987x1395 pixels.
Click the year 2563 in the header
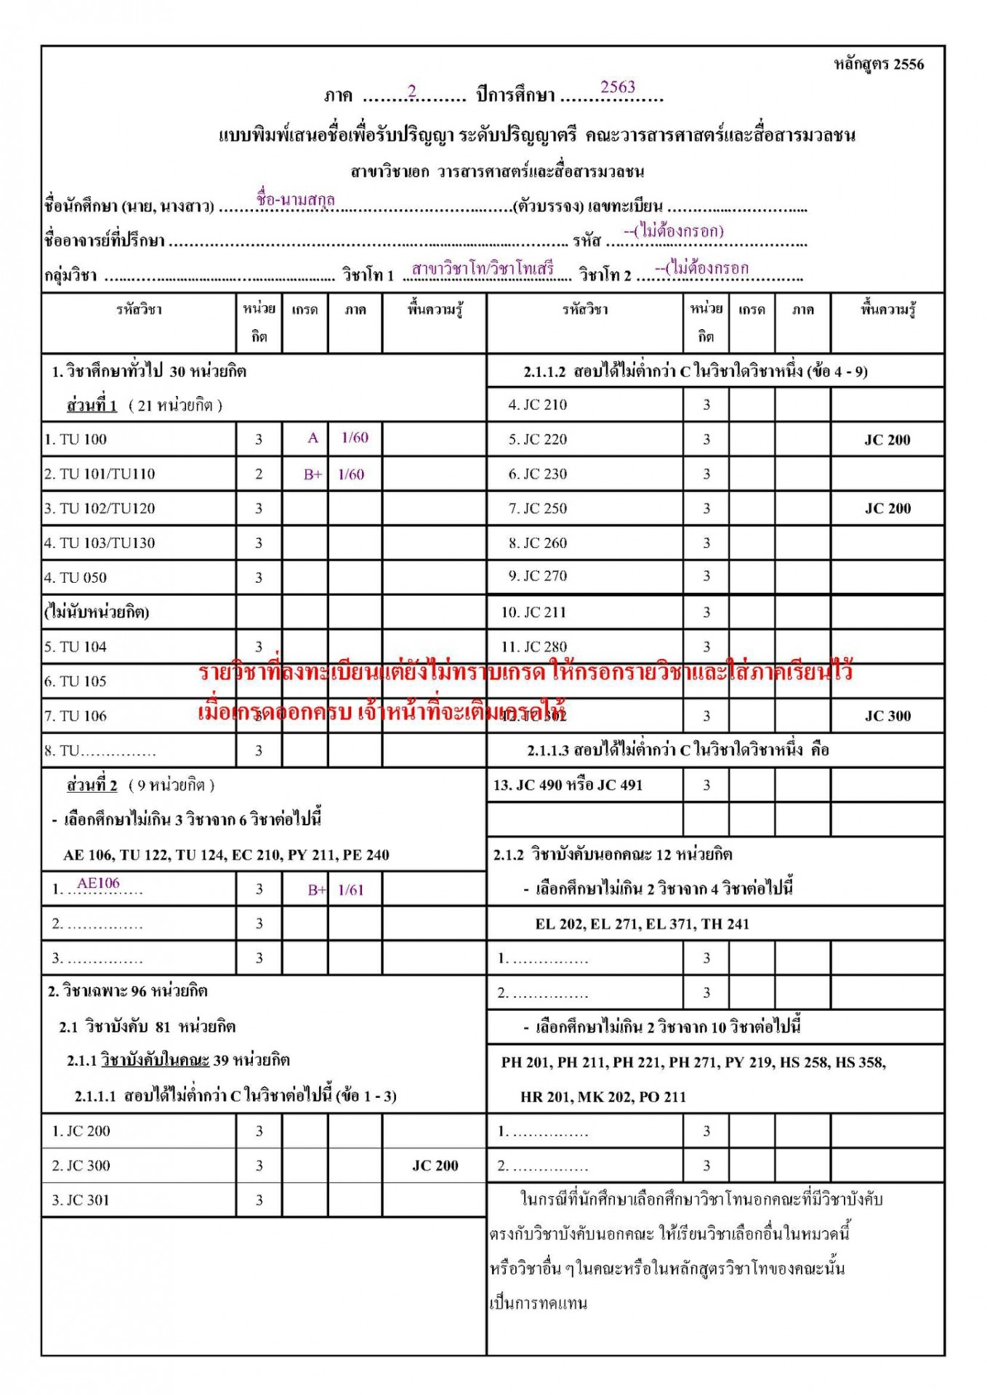[x=618, y=87]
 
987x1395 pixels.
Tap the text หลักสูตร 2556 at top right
[x=878, y=65]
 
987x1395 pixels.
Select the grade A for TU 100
[x=313, y=438]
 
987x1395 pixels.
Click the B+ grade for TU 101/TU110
[x=313, y=474]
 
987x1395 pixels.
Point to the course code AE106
[x=98, y=883]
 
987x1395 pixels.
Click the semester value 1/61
[x=351, y=889]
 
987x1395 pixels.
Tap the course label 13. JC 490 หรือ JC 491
[x=568, y=785]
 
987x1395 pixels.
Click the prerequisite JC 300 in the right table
[x=887, y=716]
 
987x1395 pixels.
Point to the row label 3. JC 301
[x=80, y=1200]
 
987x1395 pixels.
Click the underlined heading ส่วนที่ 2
[x=92, y=785]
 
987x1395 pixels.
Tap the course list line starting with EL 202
[x=642, y=923]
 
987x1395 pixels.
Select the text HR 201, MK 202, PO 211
[x=603, y=1096]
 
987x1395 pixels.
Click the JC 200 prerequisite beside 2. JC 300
[x=435, y=1165]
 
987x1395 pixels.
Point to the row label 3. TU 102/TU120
[x=100, y=509]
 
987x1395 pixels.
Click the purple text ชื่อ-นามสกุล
[x=295, y=198]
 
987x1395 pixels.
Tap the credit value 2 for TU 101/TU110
[x=259, y=474]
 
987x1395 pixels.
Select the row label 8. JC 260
[x=537, y=543]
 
